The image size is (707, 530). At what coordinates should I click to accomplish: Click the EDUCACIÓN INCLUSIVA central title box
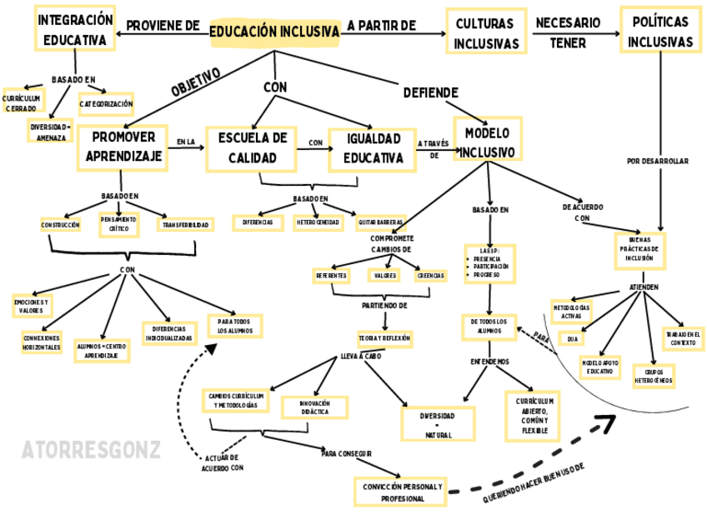coord(274,32)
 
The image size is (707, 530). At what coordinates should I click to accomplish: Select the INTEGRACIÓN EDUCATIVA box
coord(75,30)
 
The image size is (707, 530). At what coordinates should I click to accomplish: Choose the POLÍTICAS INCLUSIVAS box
coord(659,31)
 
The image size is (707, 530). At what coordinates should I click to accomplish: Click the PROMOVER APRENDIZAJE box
coord(123,147)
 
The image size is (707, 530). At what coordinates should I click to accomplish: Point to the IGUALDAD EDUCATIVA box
coord(371,147)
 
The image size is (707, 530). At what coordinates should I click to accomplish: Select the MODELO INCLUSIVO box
coord(489,142)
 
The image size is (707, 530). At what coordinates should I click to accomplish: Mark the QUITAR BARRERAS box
coord(380,223)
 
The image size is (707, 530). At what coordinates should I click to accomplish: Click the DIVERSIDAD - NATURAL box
coord(439,424)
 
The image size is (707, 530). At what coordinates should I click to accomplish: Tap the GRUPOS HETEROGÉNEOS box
coord(654,375)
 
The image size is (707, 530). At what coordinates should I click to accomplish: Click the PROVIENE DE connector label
coord(163,27)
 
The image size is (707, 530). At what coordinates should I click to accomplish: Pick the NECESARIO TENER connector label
coord(567,32)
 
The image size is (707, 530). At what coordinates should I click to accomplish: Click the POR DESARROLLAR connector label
coord(658,161)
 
